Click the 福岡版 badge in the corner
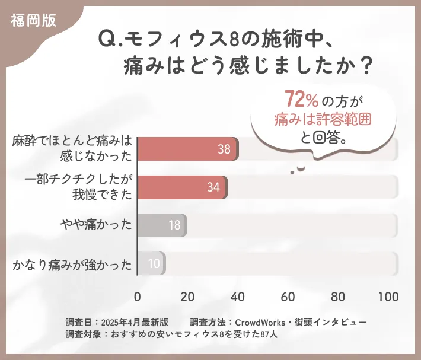pos(33,20)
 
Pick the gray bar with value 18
pos(161,225)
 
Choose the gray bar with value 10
pos(151,263)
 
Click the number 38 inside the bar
pos(224,149)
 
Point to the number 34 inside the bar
pos(213,187)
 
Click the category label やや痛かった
pos(96,225)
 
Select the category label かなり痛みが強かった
pos(72,264)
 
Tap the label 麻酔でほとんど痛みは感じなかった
pos(72,149)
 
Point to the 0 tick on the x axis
pos(138,297)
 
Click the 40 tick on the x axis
pos(238,297)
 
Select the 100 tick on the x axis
pos(388,297)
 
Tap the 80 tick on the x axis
pos(338,297)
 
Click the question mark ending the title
pos(366,65)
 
